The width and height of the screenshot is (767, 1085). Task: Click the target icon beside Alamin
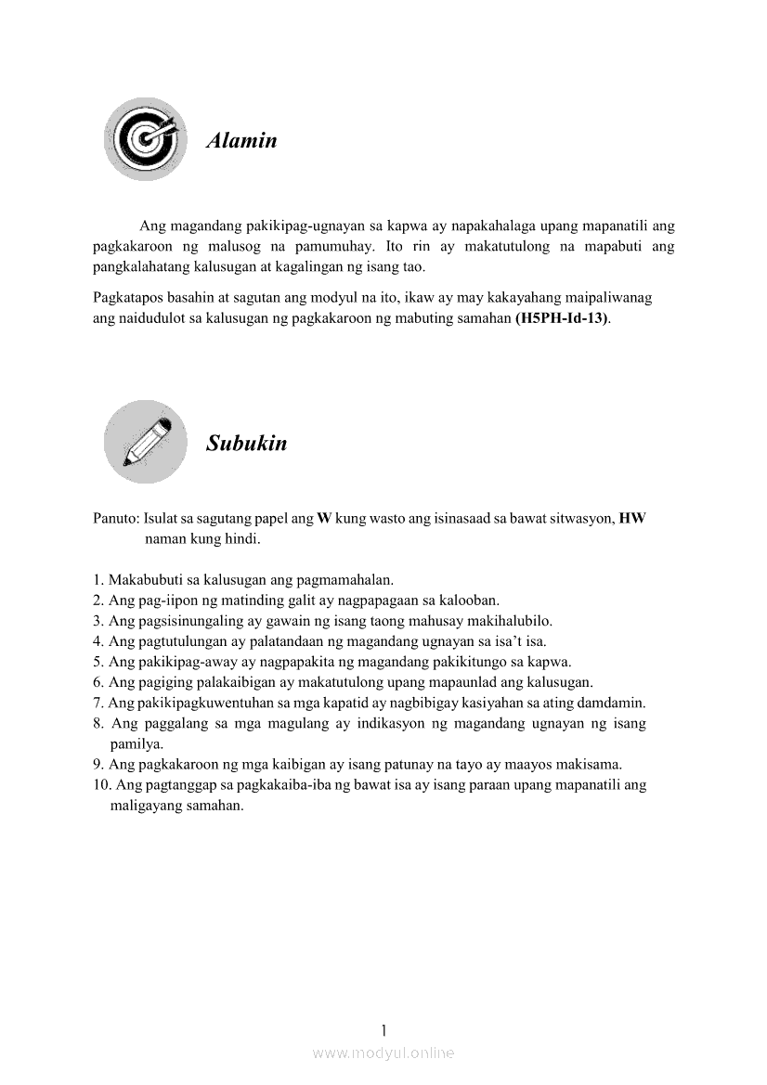144,139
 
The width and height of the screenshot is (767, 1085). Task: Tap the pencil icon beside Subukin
145,442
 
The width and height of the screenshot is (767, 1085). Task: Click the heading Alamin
241,141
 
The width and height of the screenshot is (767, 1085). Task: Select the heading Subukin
247,443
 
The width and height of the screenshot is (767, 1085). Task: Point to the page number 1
383,1029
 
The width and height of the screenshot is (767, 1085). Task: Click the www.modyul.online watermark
383,1053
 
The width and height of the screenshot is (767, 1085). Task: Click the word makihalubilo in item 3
512,621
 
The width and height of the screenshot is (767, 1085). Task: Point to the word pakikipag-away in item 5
182,662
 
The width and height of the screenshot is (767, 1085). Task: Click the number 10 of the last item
101,785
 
